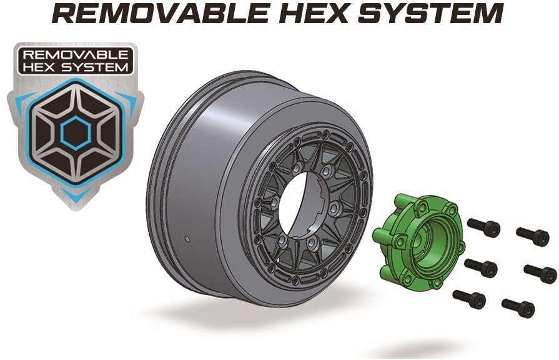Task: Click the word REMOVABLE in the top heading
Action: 161,13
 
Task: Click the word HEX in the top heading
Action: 314,13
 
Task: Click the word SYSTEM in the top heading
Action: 431,13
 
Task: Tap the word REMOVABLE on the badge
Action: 76,54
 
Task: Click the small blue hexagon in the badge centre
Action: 76,132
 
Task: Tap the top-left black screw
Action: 483,227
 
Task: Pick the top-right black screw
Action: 533,236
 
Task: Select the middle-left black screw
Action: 481,267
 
